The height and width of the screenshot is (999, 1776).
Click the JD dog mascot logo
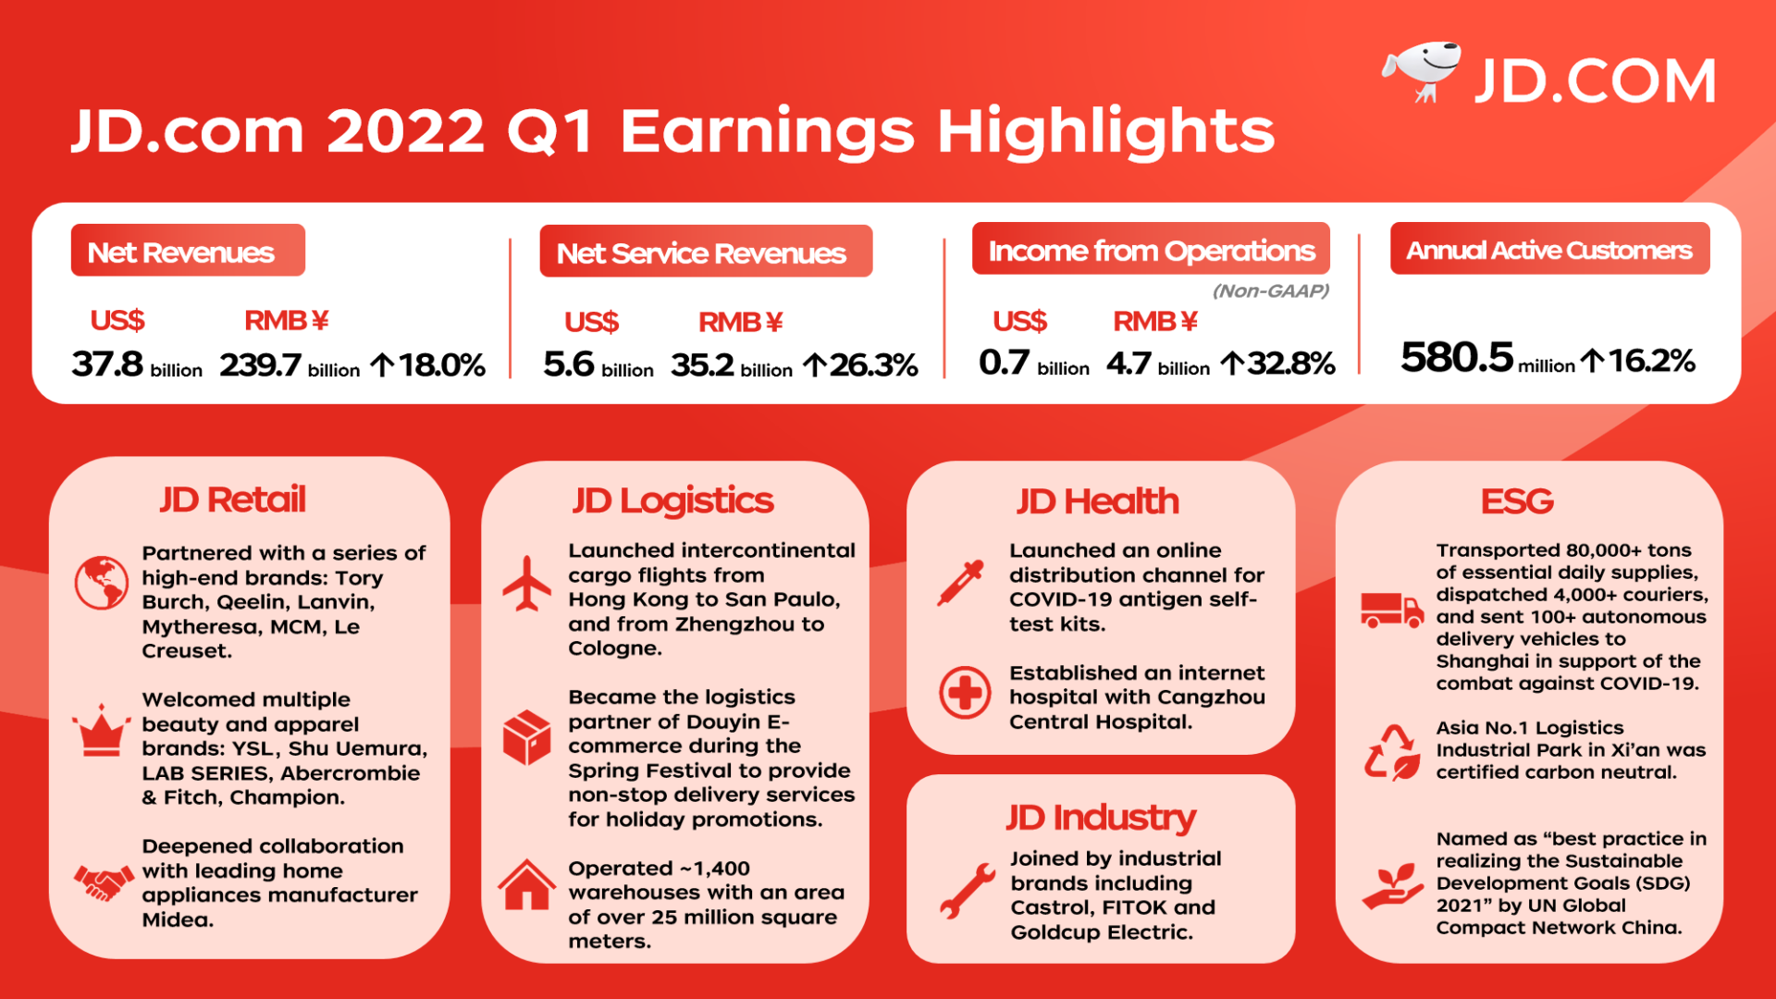point(1422,70)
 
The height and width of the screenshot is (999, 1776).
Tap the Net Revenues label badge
point(188,251)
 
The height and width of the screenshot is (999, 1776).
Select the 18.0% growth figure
point(430,365)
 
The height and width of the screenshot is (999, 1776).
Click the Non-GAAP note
point(1270,291)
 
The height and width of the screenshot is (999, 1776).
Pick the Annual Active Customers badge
point(1549,250)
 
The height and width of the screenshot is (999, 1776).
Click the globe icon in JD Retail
point(101,583)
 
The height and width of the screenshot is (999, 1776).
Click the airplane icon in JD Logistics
point(526,584)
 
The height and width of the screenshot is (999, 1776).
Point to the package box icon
point(526,737)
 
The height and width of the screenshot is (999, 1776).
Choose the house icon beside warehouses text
point(526,885)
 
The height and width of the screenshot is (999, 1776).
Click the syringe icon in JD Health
point(961,584)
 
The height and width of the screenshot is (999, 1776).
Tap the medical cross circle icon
point(965,693)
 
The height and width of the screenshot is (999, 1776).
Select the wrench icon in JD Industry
point(967,890)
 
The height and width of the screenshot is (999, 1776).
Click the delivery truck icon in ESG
point(1390,610)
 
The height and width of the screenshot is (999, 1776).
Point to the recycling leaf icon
point(1392,752)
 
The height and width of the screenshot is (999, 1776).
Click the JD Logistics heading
point(672,500)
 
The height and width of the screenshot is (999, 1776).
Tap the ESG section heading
point(1517,501)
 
